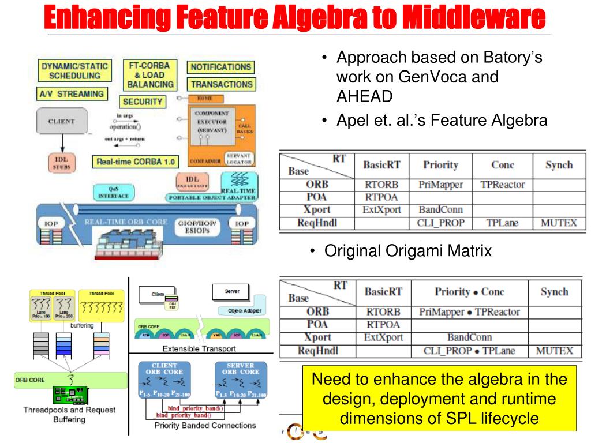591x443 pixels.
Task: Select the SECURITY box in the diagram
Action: [143, 102]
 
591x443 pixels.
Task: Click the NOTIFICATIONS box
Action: [220, 67]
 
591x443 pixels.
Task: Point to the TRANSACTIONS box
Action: [222, 84]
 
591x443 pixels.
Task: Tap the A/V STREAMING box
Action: [72, 93]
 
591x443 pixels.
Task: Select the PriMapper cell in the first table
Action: [440, 185]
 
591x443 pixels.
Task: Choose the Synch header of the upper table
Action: [559, 165]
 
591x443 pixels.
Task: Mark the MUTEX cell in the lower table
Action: [554, 350]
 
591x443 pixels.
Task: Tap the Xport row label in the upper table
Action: [317, 210]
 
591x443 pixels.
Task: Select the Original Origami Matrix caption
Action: [408, 251]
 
